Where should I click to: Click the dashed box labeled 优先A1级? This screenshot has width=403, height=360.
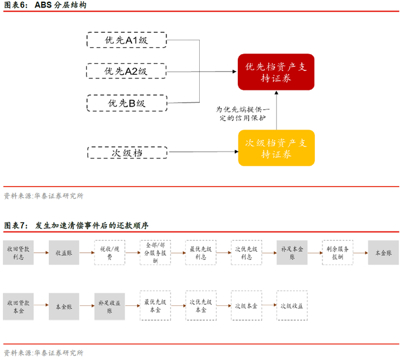tap(127, 40)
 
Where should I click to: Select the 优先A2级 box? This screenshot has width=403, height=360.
tap(127, 71)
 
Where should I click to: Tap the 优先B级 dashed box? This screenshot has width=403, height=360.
tap(127, 103)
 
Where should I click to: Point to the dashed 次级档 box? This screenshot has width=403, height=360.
tap(127, 153)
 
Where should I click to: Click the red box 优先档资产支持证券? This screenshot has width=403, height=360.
tap(276, 72)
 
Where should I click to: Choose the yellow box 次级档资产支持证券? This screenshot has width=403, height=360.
tap(276, 147)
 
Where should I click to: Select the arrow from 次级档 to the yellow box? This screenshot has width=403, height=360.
tap(201, 153)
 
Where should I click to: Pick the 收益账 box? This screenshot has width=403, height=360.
tap(63, 253)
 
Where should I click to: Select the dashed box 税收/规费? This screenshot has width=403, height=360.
tap(109, 253)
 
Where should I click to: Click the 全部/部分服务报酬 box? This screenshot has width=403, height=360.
tap(155, 253)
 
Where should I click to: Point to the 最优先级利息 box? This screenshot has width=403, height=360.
tap(201, 253)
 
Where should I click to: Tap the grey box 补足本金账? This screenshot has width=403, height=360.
tap(292, 253)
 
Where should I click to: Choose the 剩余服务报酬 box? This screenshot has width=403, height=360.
tap(337, 253)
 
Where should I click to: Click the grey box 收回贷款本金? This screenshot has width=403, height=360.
tap(18, 305)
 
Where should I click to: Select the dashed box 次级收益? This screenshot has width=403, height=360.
tap(292, 305)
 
